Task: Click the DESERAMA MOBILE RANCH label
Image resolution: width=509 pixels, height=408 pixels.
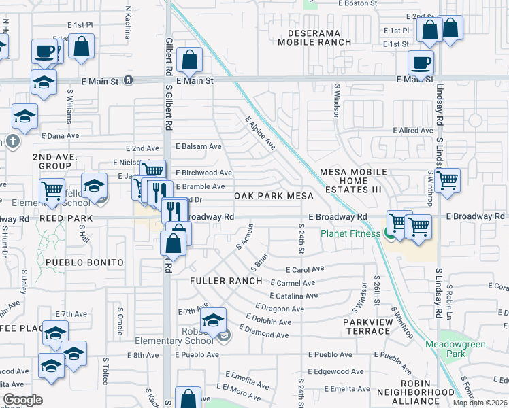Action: click(x=314, y=37)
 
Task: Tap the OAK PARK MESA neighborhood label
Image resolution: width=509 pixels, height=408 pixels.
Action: click(x=274, y=196)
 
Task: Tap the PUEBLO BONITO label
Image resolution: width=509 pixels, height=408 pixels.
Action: click(x=84, y=262)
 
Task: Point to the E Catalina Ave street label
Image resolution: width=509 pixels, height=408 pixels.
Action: click(x=293, y=296)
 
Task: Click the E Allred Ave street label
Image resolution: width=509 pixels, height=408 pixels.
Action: click(x=413, y=130)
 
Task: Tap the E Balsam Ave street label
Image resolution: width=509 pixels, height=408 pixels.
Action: click(x=199, y=146)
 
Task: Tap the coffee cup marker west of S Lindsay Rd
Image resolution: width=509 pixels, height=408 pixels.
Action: click(x=421, y=62)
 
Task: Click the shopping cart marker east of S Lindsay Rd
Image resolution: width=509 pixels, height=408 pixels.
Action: click(x=448, y=180)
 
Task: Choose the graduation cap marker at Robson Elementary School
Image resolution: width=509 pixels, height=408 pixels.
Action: click(x=213, y=319)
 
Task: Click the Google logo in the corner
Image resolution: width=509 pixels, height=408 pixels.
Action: click(x=22, y=400)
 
